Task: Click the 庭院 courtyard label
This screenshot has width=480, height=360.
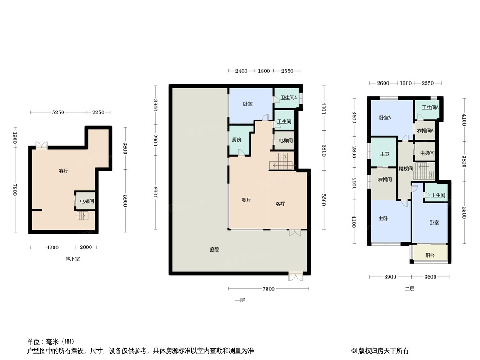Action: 214,250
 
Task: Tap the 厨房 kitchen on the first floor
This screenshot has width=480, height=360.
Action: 237,140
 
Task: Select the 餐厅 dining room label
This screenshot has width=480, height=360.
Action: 246,200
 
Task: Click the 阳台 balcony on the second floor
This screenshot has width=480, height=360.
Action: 430,255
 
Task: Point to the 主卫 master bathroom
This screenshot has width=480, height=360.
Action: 385,154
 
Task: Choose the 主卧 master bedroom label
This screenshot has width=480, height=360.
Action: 383,219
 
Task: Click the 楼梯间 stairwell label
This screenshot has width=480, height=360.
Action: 406,169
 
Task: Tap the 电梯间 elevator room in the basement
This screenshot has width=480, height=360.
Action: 86,201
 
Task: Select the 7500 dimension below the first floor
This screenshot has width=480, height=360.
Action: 268,289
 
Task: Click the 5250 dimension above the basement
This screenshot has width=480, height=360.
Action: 58,112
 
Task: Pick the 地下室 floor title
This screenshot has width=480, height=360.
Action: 73,259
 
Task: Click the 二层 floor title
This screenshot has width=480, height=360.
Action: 410,288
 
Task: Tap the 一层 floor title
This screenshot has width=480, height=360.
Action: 240,300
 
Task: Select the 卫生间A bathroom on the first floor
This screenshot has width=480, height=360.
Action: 288,98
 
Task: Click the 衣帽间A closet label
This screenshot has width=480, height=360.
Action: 425,130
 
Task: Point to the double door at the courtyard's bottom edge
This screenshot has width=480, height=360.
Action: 296,277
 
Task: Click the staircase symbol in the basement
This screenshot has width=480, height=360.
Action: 82,216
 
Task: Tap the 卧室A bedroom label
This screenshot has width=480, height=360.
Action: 385,117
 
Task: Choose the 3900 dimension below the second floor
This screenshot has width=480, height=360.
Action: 390,277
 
